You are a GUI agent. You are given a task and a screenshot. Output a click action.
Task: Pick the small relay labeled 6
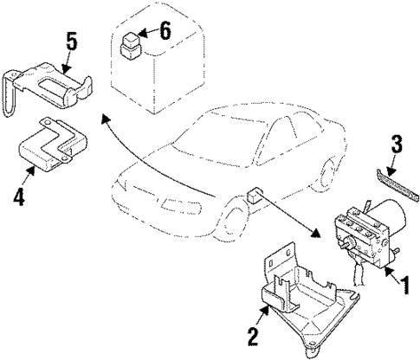click(x=131, y=42)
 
